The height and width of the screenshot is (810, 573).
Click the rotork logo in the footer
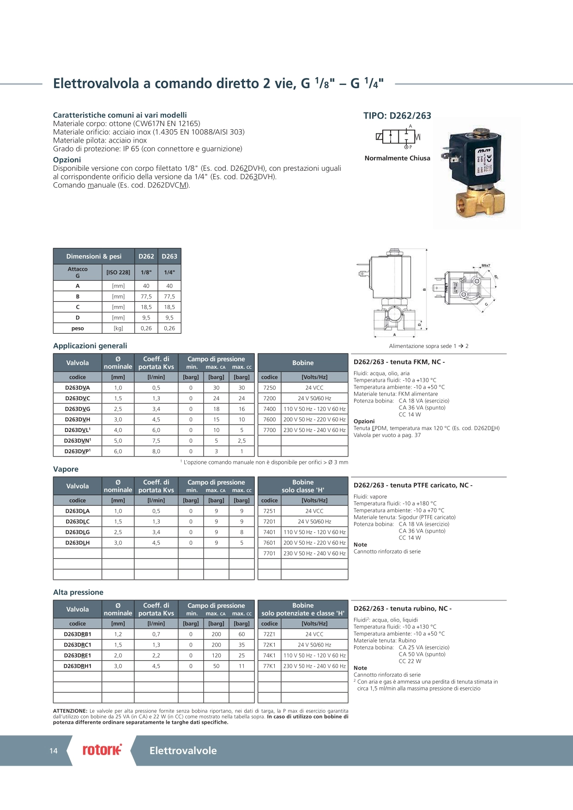coord(102,750)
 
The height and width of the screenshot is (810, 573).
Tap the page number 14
coord(54,751)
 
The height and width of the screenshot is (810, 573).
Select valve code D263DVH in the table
coord(78,420)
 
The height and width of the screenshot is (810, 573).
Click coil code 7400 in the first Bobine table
coord(270,409)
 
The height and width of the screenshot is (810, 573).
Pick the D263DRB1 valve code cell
coord(78,634)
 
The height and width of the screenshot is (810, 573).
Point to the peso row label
coord(78,329)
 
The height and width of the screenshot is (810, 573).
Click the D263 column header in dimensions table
coord(169,256)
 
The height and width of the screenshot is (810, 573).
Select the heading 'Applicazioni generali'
coord(90,346)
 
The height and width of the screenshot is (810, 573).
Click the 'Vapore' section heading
coord(66,469)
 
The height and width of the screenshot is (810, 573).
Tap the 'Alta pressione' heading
coord(78,592)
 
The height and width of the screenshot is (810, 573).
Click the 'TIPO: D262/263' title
coord(397,116)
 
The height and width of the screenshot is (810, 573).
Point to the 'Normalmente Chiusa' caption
coord(397,158)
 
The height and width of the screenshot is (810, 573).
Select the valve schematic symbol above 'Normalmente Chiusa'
coord(398,137)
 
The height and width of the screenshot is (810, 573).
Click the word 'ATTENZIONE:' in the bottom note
coord(70,711)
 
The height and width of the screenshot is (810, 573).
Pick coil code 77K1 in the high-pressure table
coord(270,666)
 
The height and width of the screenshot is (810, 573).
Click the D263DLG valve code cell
coord(78,532)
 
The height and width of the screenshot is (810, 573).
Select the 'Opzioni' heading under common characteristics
coord(67,160)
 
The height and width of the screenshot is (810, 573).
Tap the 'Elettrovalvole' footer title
coord(183,750)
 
